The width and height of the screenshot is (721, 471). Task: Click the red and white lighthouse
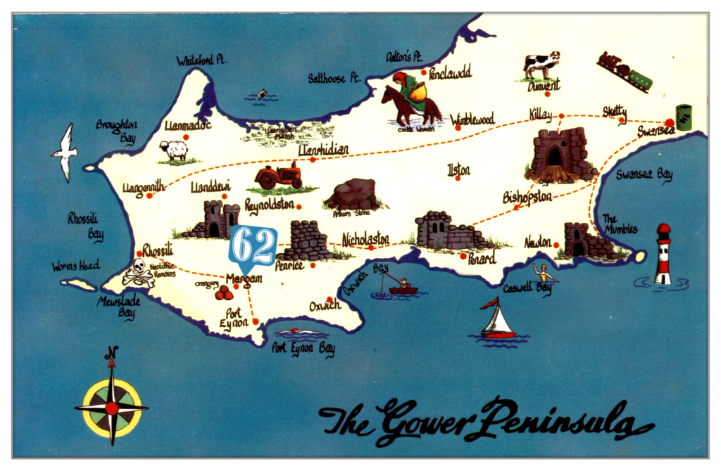663,254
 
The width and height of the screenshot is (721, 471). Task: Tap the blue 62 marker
253,247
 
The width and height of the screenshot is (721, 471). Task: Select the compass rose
111,407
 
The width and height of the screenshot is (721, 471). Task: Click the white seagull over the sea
65,152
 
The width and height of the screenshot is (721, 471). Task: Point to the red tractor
279,176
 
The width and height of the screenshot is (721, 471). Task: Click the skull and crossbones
138,273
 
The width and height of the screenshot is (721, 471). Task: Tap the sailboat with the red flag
497,321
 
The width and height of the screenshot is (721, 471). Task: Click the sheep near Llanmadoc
173,150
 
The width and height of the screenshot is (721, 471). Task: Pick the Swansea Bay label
644,174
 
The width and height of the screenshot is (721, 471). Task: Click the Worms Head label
75,266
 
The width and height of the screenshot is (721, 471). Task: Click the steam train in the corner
624,71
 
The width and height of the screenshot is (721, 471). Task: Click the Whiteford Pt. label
202,60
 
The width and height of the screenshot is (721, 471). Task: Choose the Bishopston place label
527,198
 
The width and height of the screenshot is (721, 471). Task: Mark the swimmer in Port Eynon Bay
301,332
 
